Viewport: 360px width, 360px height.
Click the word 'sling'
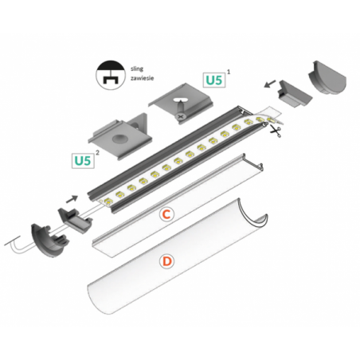137,69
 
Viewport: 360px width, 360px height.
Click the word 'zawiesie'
142,78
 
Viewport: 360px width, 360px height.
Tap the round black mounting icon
111,75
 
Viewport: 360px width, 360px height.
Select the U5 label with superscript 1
214,80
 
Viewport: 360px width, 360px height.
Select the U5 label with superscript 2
83,161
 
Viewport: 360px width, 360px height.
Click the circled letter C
166,214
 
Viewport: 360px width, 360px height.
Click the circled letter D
166,261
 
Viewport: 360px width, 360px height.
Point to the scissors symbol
276,131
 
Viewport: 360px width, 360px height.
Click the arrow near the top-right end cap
270,84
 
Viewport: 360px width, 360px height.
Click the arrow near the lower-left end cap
72,199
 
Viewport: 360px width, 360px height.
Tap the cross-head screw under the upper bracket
181,116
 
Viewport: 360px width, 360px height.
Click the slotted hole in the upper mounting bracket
181,100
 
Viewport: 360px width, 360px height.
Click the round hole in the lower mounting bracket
120,139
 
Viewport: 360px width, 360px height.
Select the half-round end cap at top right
327,78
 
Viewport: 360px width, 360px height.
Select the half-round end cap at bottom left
49,241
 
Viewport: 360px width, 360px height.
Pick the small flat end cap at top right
294,93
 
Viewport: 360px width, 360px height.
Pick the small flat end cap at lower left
75,220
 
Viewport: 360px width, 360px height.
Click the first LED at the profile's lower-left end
108,201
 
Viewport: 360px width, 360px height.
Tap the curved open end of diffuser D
252,214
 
